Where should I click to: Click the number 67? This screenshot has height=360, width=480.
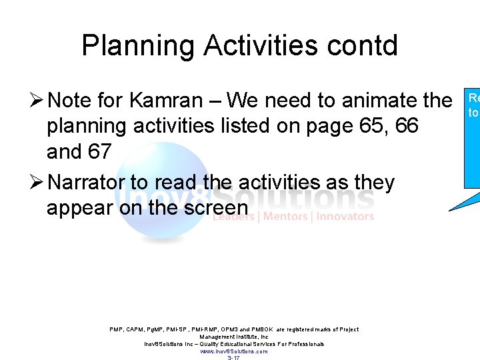pyautogui.click(x=98, y=151)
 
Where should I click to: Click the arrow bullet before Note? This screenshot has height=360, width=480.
pyautogui.click(x=37, y=101)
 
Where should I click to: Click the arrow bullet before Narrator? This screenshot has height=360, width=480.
pyautogui.click(x=37, y=182)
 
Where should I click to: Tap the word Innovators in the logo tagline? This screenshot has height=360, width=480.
pyautogui.click(x=345, y=216)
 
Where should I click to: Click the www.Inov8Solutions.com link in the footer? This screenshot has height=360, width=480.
pyautogui.click(x=234, y=351)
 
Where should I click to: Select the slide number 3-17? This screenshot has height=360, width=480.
pyautogui.click(x=233, y=358)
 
